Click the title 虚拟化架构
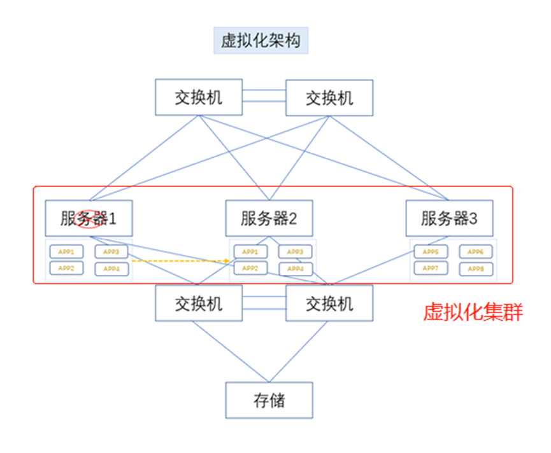(x=260, y=41)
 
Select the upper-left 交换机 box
(x=199, y=97)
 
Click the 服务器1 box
(x=89, y=219)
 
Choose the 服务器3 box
(x=449, y=219)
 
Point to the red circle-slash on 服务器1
(x=88, y=218)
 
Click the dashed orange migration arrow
(x=180, y=261)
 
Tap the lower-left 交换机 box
(x=199, y=303)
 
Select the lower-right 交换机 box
(x=329, y=303)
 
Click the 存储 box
(x=269, y=400)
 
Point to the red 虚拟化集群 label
(x=473, y=312)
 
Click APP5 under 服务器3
(x=431, y=252)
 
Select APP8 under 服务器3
(x=476, y=268)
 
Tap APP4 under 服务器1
(x=111, y=268)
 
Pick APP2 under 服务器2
(x=250, y=268)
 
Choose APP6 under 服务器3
(x=476, y=252)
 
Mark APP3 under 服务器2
(x=295, y=252)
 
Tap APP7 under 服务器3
(x=431, y=268)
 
